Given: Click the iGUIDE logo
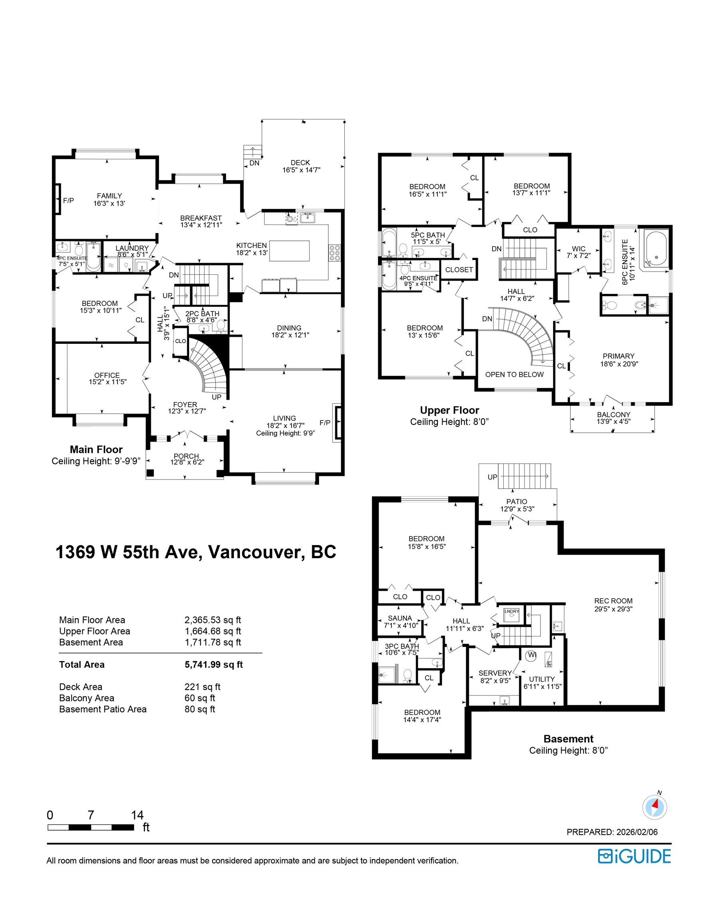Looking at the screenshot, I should pyautogui.click(x=634, y=856).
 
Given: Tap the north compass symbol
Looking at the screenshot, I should pyautogui.click(x=655, y=807).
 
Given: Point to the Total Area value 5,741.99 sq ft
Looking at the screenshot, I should pyautogui.click(x=213, y=664).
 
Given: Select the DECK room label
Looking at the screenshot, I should pyautogui.click(x=300, y=163).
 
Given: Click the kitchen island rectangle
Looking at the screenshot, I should pyautogui.click(x=289, y=251).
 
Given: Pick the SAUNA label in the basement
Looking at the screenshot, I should pyautogui.click(x=399, y=618).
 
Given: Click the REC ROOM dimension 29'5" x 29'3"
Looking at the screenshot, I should pyautogui.click(x=613, y=609).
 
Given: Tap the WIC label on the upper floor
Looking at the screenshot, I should pyautogui.click(x=578, y=248).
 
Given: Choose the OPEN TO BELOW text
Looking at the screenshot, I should pyautogui.click(x=514, y=375).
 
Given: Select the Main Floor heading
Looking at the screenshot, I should pyautogui.click(x=96, y=450).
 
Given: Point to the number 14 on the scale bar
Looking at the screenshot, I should pyautogui.click(x=137, y=815).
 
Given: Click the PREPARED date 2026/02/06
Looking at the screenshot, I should pyautogui.click(x=637, y=832).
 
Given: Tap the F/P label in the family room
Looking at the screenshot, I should pyautogui.click(x=68, y=200).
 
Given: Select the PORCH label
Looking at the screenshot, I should pyautogui.click(x=186, y=456).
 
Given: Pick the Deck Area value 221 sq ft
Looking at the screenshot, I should pyautogui.click(x=202, y=687).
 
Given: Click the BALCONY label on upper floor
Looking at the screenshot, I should pyautogui.click(x=613, y=414).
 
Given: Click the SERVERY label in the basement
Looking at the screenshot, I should pyautogui.click(x=495, y=673).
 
